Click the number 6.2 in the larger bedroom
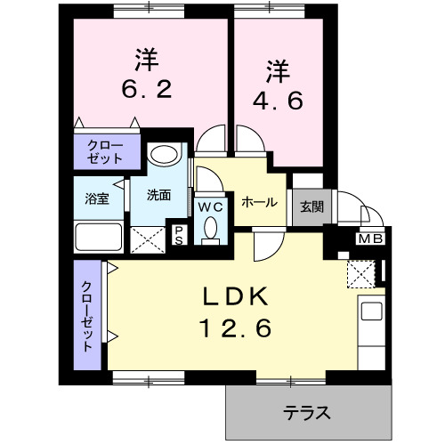(x=147, y=90)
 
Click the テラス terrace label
(x=308, y=413)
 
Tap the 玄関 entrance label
(x=311, y=207)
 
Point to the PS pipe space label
(x=178, y=235)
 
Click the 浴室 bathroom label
(x=97, y=198)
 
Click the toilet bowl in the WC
(x=210, y=230)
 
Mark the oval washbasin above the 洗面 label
(x=162, y=154)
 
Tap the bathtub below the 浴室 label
(x=98, y=238)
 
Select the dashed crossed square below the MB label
(x=361, y=273)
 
